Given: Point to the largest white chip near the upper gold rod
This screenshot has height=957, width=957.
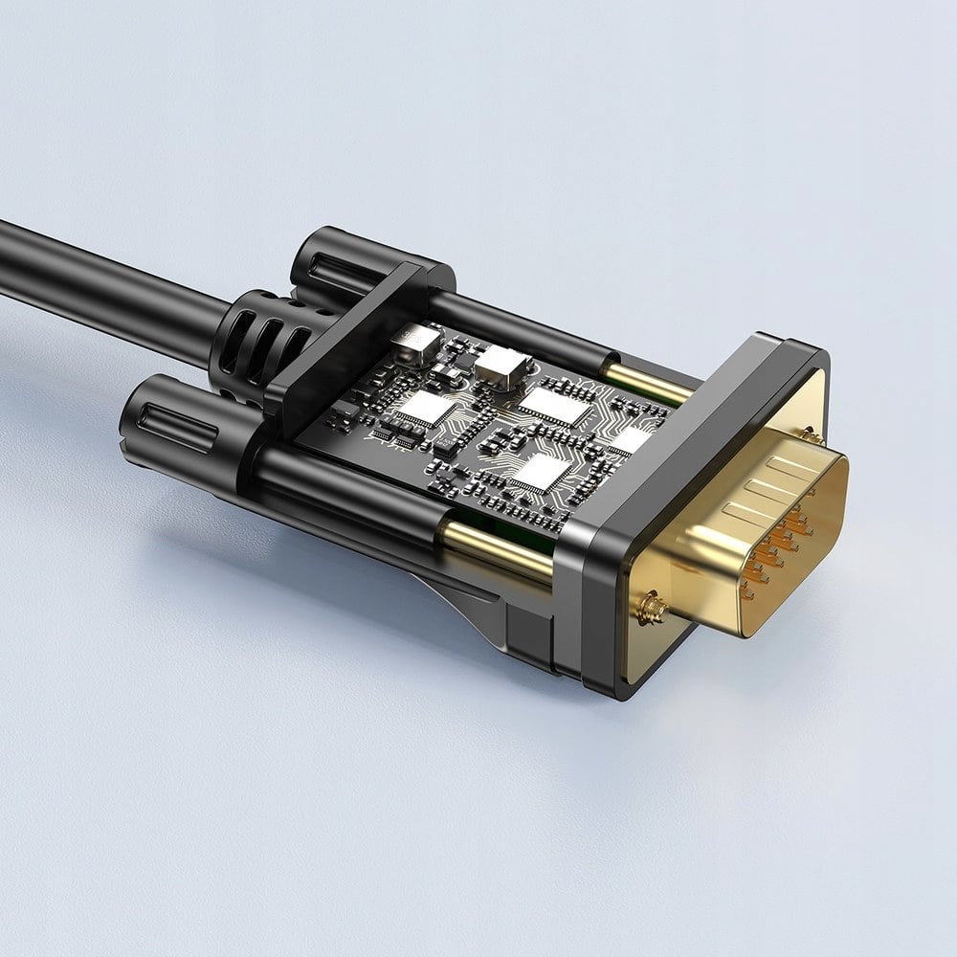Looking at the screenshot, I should click(556, 406).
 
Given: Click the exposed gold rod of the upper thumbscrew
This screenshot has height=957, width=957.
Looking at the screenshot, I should click(651, 383).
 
